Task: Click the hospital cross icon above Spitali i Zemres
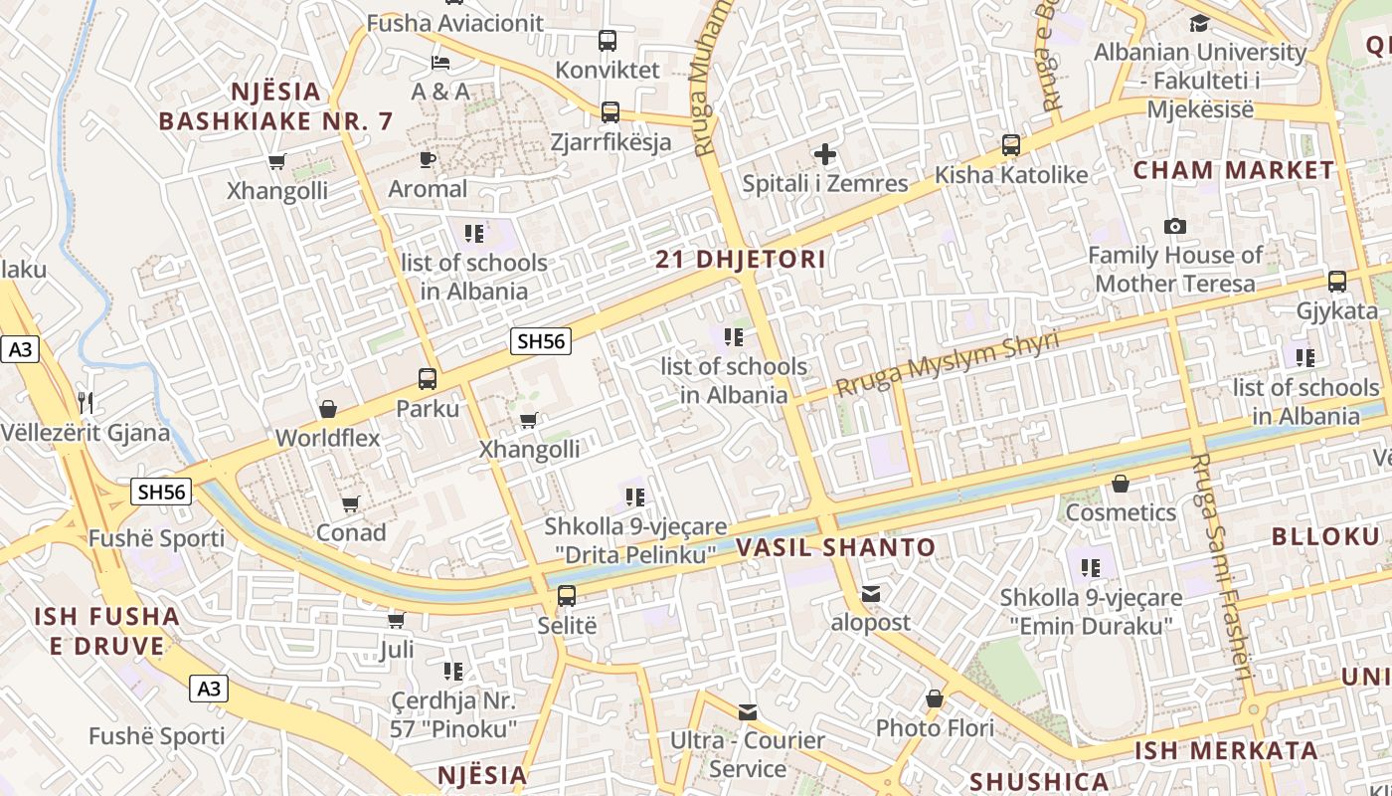click(x=824, y=154)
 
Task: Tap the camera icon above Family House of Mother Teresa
click(x=1175, y=227)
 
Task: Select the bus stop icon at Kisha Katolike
click(x=1011, y=145)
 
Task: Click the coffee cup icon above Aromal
click(x=428, y=159)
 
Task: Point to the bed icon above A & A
click(x=440, y=63)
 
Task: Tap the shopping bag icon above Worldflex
click(x=327, y=409)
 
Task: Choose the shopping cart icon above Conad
click(x=350, y=503)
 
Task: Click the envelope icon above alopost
click(x=871, y=594)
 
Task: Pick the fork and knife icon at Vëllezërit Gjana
click(x=86, y=403)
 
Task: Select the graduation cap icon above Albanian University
click(x=1200, y=23)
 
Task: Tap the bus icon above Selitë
click(x=566, y=596)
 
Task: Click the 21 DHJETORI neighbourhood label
click(x=741, y=260)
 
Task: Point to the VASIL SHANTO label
click(x=836, y=547)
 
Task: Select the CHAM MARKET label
click(x=1234, y=170)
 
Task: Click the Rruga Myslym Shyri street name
click(x=947, y=365)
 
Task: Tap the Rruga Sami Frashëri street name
click(x=1222, y=567)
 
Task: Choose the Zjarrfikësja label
click(x=610, y=142)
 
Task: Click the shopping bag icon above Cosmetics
click(x=1121, y=484)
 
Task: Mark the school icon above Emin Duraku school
click(x=1091, y=568)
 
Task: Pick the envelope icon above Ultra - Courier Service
click(x=748, y=712)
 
